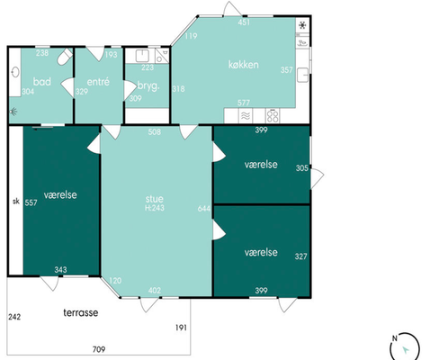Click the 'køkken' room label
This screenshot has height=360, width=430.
(244, 65)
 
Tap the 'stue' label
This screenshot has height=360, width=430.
(155, 199)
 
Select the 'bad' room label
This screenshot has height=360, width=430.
(42, 81)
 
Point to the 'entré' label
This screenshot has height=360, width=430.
(98, 82)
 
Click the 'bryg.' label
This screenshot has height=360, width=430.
(148, 86)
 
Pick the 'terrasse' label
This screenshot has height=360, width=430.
(81, 312)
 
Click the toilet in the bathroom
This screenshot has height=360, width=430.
(65, 57)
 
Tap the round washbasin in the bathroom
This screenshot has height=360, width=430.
(15, 72)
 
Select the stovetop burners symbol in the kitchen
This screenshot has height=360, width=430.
(273, 116)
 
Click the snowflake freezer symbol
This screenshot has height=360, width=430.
(302, 25)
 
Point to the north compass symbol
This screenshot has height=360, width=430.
(404, 346)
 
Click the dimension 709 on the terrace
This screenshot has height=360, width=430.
(99, 349)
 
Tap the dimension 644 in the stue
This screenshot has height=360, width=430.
(204, 209)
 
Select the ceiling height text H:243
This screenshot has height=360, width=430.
(155, 208)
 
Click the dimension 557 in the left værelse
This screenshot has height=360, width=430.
(31, 202)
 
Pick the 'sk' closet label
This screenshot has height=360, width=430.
(16, 201)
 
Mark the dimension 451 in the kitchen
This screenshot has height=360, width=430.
(244, 22)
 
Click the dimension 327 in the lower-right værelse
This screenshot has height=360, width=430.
(300, 256)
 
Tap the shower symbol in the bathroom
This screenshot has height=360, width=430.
(13, 112)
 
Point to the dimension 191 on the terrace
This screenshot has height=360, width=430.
(181, 328)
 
